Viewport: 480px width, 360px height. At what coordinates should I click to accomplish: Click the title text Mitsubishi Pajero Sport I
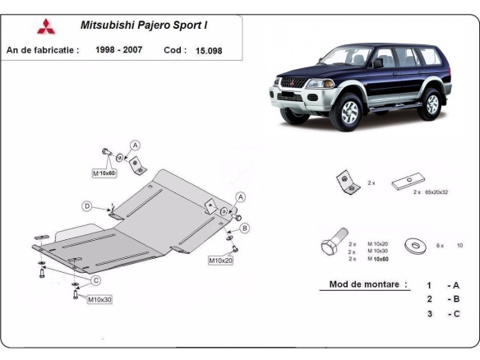(149, 25)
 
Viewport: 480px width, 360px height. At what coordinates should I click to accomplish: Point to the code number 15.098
(209, 50)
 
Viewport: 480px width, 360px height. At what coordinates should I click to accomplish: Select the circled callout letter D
(86, 205)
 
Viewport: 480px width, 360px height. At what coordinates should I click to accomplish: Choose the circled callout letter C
(96, 280)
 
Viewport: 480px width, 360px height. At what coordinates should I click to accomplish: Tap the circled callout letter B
(245, 228)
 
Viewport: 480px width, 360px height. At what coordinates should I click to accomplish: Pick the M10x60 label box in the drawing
(104, 173)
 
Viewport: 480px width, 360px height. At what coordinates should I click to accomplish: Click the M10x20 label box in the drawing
(220, 261)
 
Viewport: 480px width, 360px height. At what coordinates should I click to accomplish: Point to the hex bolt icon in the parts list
(334, 245)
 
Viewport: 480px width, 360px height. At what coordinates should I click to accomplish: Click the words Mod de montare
(368, 284)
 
